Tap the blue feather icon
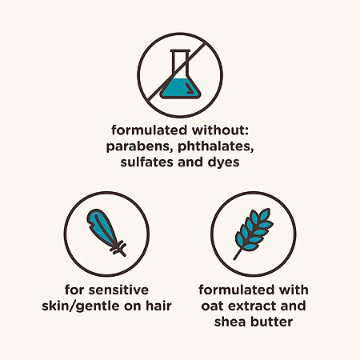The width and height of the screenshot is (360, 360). [106, 233]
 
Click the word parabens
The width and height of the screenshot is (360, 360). [139, 146]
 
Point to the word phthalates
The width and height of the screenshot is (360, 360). [215, 146]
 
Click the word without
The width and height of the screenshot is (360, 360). [220, 130]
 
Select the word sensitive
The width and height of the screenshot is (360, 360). [118, 290]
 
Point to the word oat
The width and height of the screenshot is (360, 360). [211, 306]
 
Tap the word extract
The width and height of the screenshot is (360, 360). [250, 306]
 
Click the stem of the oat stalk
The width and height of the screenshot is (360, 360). [238, 254]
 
